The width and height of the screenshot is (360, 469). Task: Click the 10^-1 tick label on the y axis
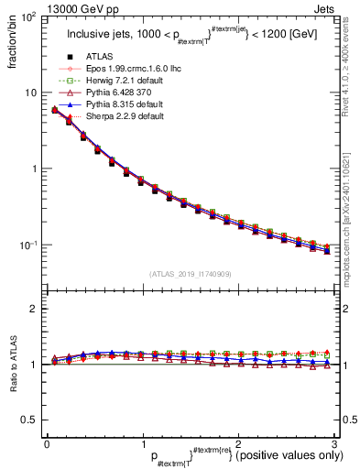coord(27,245)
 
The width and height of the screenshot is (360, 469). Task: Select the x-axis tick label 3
coord(334,443)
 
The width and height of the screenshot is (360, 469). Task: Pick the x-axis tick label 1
coord(142,443)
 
